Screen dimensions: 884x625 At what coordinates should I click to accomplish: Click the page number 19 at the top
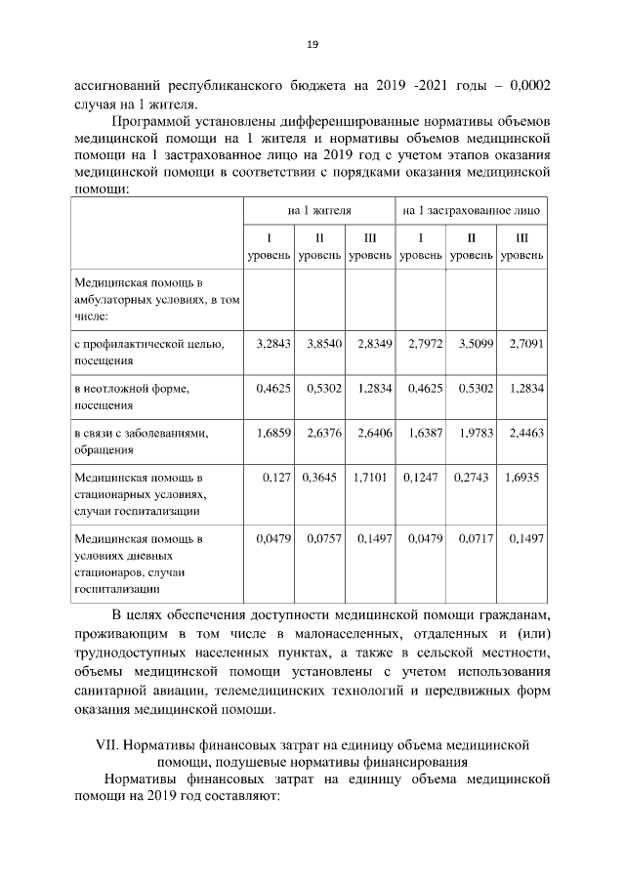pos(312,44)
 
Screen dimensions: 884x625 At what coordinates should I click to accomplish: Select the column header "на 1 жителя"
pos(319,210)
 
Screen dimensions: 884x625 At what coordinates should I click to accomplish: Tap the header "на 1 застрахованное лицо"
pos(471,210)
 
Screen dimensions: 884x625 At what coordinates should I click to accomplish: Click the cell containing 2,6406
pos(371,433)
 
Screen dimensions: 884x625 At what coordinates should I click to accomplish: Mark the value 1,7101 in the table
pos(371,478)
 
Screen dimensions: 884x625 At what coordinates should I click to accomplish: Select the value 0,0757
pos(324,538)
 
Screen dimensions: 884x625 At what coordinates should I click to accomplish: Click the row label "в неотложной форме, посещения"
pos(132,396)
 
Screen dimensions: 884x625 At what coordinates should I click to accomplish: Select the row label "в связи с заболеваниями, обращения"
pos(141,441)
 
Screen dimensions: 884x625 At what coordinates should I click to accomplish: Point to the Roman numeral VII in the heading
pos(107,744)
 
